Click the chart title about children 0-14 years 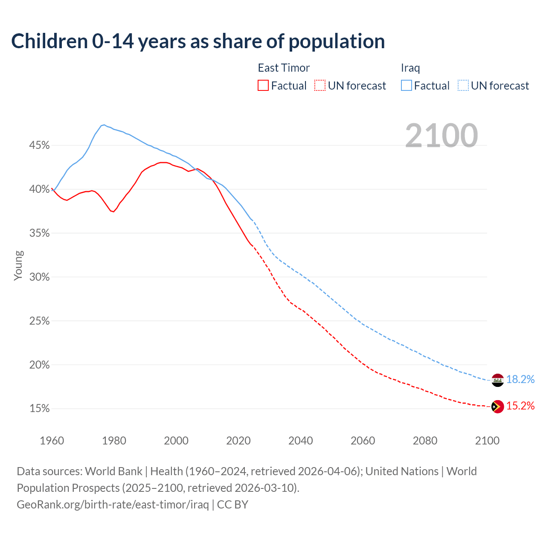(198, 41)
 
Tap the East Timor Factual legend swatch (263, 85)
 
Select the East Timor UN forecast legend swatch (320, 85)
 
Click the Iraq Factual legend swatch (407, 85)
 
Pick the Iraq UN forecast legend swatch (463, 85)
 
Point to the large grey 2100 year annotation (441, 136)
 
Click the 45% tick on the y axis (39, 145)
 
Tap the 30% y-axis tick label (39, 277)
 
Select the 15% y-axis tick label (39, 409)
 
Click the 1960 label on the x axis (52, 441)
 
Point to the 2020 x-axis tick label (238, 441)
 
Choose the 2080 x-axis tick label (425, 441)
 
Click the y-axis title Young (18, 265)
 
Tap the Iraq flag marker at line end (497, 380)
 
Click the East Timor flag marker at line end (497, 407)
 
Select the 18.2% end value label (520, 379)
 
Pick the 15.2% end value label (520, 406)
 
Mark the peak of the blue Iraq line (104, 125)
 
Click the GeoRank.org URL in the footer (113, 505)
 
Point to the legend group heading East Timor (284, 68)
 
